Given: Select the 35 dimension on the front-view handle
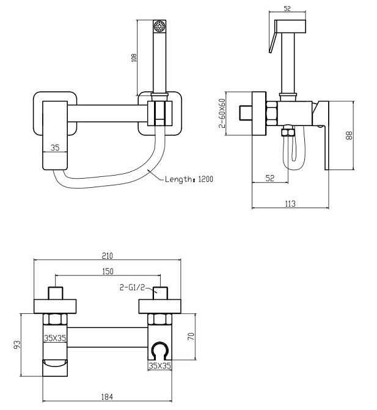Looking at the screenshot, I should click(x=54, y=147).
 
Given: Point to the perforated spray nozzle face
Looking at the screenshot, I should click(x=161, y=26).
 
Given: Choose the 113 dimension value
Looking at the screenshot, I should click(x=290, y=203).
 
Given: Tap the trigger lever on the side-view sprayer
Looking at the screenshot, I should click(x=270, y=44).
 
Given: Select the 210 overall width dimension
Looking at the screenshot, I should click(x=108, y=256).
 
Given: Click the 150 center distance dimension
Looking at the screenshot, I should click(x=108, y=271).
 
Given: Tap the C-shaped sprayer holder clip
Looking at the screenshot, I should click(x=160, y=351).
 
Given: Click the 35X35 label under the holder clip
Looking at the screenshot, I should click(x=160, y=366).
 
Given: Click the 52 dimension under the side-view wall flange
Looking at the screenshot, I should click(x=269, y=178).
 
